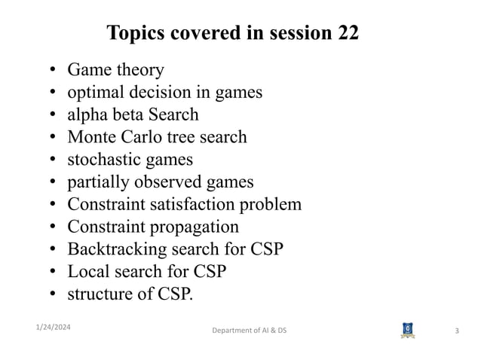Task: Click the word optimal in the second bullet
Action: (x=94, y=93)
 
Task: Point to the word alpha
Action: (x=87, y=115)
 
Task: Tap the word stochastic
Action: (x=101, y=160)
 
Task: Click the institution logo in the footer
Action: (x=408, y=330)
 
